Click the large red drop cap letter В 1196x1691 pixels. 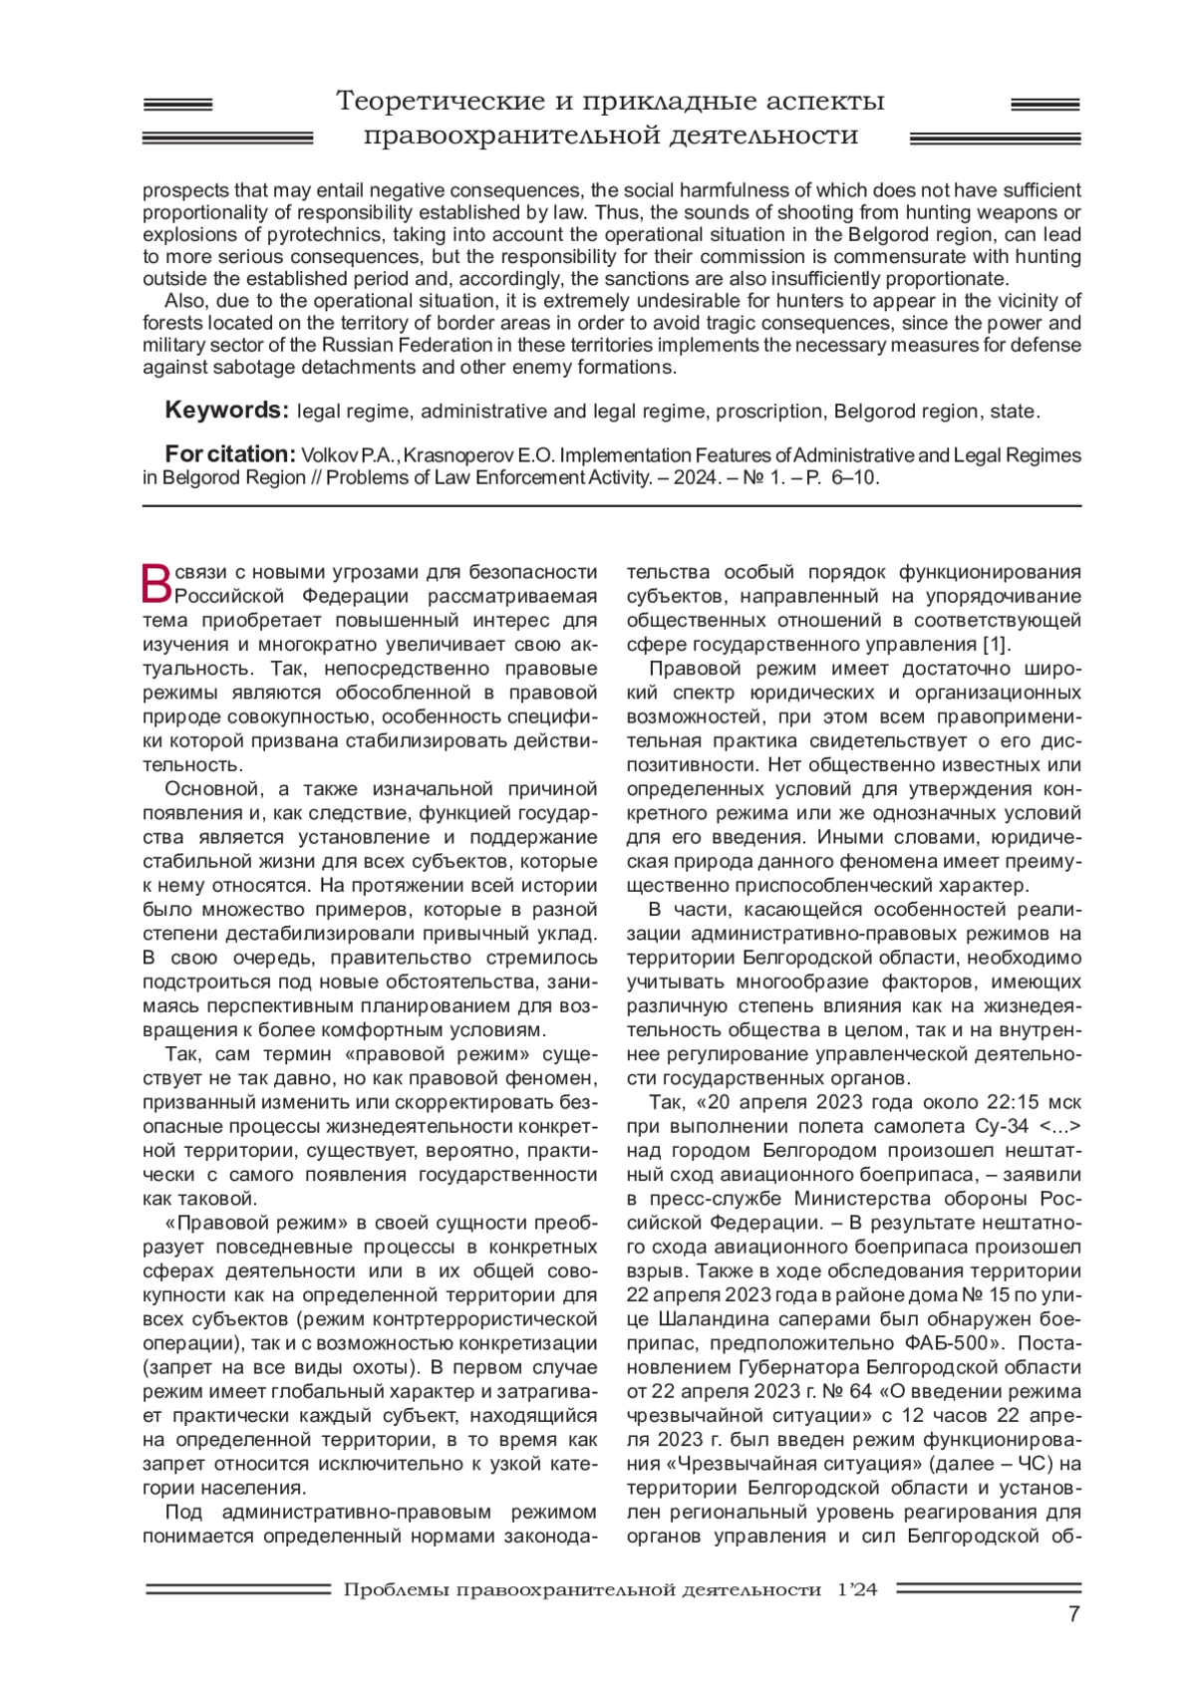tap(157, 584)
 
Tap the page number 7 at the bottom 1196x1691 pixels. tap(1073, 1615)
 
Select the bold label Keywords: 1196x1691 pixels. tap(226, 411)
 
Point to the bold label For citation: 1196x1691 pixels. tap(230, 454)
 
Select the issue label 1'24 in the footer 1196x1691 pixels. tap(857, 1589)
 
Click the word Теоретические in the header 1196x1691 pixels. tap(442, 101)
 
